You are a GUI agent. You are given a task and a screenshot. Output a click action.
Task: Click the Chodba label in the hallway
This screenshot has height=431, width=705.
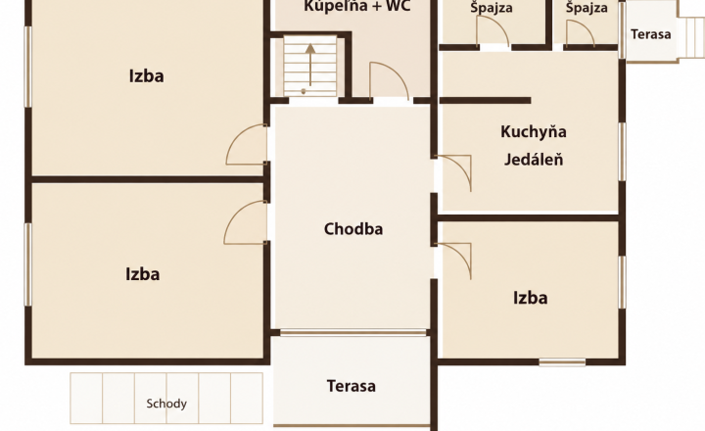coord(353,229)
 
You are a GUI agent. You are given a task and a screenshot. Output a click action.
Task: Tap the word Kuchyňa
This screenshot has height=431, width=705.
coord(534,132)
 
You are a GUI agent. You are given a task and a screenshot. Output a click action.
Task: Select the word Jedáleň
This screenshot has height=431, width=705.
coord(534,160)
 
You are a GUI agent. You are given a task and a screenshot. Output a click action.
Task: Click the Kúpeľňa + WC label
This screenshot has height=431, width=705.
coord(357,6)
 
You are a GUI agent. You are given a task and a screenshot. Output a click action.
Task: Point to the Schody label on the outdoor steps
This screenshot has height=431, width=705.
coord(166,404)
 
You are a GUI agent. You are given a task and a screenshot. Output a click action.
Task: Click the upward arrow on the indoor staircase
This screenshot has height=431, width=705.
coord(310,65)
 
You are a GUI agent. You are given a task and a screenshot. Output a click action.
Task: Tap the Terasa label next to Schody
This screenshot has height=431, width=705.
coord(352,386)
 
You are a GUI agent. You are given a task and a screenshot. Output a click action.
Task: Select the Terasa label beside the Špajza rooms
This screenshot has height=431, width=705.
coord(650,34)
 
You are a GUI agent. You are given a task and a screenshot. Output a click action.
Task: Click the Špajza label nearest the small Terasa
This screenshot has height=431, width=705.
coord(587,8)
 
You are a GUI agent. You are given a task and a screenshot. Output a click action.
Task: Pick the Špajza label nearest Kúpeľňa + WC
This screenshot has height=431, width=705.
coord(492,8)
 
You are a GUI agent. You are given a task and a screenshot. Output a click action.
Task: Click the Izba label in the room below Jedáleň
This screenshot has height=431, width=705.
coord(530,298)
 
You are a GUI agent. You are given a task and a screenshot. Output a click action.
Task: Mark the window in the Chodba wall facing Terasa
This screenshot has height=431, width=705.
coord(352,333)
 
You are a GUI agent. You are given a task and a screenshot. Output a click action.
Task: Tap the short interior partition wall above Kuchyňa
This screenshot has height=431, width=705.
coord(485,100)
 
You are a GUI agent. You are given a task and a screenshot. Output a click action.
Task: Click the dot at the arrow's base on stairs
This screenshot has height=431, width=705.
coord(304,92)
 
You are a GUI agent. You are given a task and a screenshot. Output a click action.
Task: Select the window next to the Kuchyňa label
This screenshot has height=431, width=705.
coord(623,152)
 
